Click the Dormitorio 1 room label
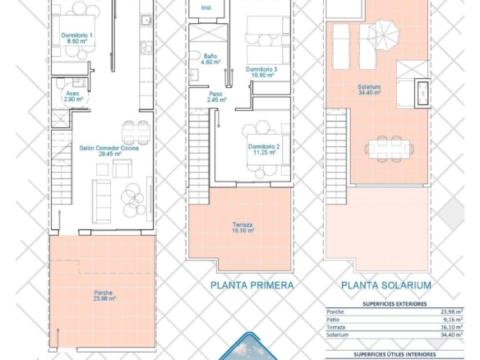point(76,39)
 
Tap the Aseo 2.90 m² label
point(73,96)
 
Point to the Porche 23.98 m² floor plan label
point(104,296)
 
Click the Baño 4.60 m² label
point(210,59)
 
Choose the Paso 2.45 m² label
point(216,97)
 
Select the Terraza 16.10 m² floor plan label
point(242,228)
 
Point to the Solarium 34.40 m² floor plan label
point(369,90)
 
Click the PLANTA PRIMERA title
point(252,285)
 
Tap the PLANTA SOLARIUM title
point(386,285)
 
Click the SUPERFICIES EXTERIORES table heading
point(395,304)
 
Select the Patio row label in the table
point(333,320)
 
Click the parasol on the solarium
point(384,35)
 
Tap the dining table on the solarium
point(389,149)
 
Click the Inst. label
point(206,7)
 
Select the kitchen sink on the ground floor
point(146,21)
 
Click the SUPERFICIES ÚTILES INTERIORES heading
point(395,354)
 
